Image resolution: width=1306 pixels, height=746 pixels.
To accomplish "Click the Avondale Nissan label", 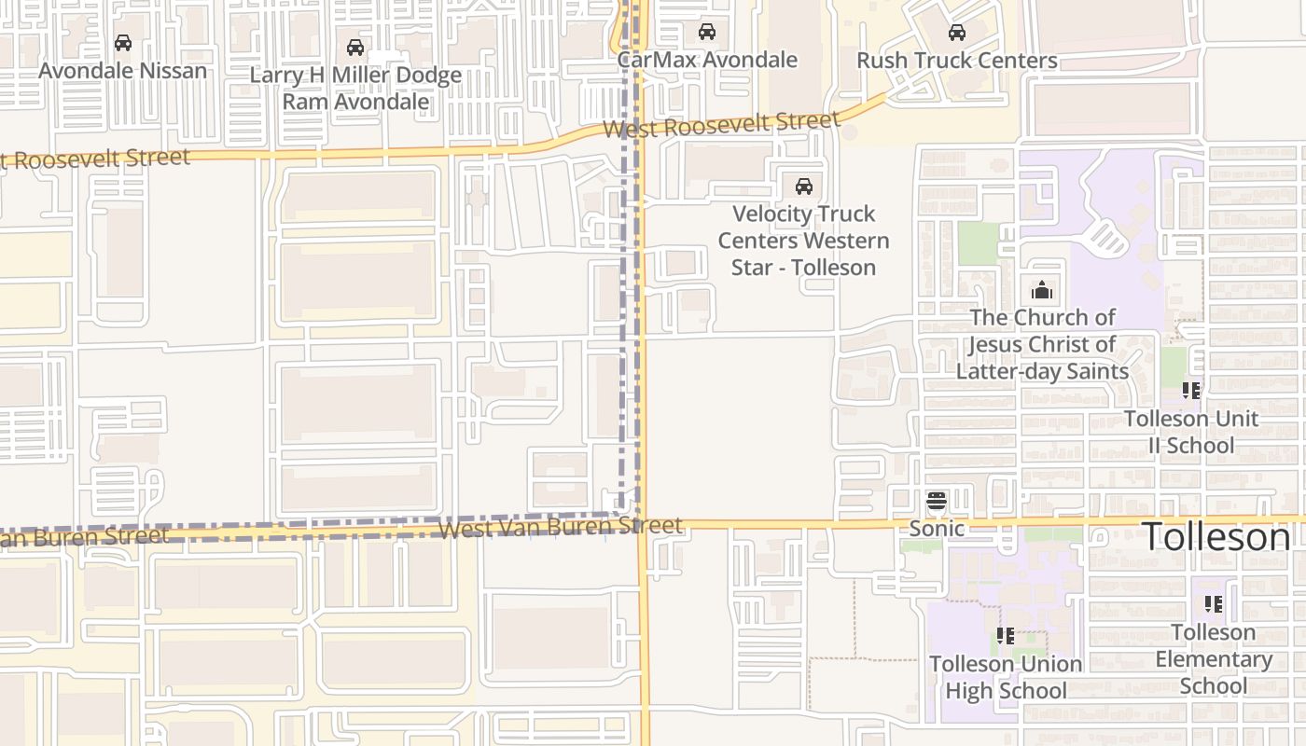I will point(122,71).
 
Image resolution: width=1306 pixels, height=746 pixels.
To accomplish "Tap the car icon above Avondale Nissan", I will point(123,43).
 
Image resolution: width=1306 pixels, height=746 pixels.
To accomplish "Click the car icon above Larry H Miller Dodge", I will point(354,48).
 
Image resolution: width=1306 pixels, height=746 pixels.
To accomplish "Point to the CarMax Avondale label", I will point(707,60).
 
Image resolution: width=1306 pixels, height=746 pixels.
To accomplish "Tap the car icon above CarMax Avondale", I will point(707,32).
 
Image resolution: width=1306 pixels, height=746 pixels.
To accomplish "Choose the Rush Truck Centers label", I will point(956,61).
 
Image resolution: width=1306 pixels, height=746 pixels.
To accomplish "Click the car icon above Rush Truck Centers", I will point(956,33).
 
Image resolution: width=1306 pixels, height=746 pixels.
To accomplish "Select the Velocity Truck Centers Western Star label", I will point(803,241).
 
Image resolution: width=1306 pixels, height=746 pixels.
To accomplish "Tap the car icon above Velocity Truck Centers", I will point(803,186).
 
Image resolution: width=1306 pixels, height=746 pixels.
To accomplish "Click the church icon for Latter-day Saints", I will point(1042,290).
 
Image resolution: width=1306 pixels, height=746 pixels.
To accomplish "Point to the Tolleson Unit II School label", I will point(1190,432).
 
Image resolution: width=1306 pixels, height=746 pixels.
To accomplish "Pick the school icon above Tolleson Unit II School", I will point(1190,390).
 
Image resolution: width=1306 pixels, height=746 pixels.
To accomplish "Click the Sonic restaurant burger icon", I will point(937,502).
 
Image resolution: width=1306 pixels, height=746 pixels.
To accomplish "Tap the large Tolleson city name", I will point(1216,537).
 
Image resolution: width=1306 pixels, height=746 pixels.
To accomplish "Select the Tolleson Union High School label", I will point(1006,677).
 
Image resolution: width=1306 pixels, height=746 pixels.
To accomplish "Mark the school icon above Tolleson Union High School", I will point(1006,636).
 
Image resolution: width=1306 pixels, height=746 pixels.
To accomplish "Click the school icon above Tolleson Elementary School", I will point(1213,603).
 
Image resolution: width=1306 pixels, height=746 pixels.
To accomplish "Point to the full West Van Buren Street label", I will point(560,528).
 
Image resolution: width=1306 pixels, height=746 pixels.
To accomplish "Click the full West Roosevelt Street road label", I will point(721,124).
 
